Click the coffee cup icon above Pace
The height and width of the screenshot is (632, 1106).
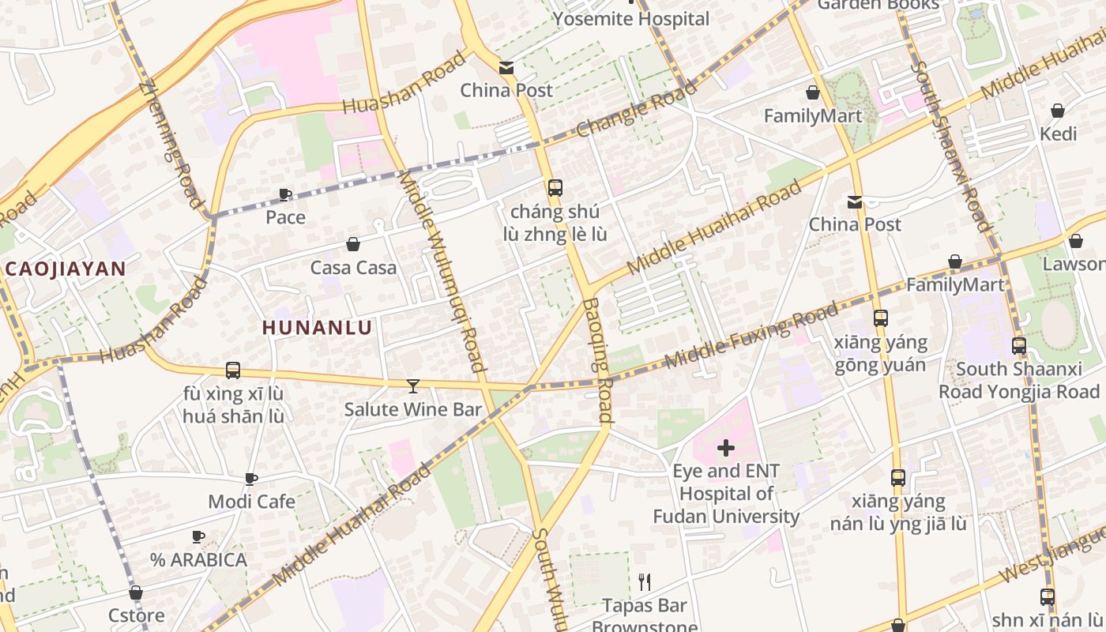point(285,194)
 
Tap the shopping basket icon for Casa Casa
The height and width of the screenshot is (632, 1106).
point(353,245)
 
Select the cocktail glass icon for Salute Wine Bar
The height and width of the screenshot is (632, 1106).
point(412,386)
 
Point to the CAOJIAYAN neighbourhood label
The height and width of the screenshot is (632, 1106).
point(66,269)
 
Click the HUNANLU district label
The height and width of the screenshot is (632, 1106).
point(317,327)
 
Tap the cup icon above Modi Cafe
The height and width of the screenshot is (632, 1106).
point(251,479)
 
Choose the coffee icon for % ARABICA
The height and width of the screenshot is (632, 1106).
point(198,537)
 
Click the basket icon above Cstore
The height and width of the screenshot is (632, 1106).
point(136,592)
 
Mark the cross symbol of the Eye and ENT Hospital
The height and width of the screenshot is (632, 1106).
point(725,449)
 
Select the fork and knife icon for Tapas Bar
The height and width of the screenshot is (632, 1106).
point(645,582)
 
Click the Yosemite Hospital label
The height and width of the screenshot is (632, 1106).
point(631,19)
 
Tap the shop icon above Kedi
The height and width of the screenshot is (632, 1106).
point(1058,111)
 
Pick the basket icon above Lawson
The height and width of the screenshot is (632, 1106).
point(1075,241)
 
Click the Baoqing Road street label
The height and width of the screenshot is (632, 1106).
point(601,359)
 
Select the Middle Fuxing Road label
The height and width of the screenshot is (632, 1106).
point(751,336)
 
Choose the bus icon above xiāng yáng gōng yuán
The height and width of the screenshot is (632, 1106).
point(880,318)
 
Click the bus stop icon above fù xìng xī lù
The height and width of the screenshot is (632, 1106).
point(233,370)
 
